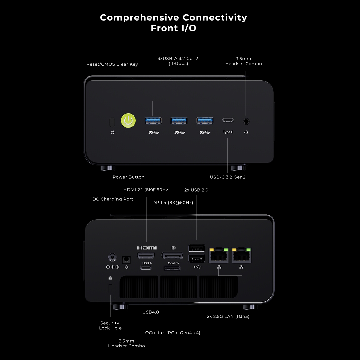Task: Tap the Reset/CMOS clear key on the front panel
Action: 112,122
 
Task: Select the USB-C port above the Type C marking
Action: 228,120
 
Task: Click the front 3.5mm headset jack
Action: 246,122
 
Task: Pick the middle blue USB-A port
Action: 179,121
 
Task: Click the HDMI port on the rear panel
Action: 146,256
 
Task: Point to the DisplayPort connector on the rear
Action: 172,256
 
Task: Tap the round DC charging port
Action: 112,257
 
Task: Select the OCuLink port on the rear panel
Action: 172,268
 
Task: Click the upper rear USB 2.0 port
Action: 196,248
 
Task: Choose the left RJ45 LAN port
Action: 218,255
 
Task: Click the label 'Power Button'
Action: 128,177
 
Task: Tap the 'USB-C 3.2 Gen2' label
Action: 228,177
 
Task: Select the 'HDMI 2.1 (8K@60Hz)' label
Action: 146,190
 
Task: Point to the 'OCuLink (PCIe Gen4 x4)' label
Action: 173,332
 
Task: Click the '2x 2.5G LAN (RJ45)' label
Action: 228,316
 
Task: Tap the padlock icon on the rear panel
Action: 110,278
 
